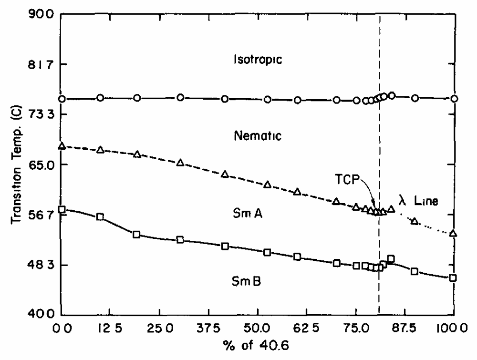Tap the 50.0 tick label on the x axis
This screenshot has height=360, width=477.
pyautogui.click(x=258, y=329)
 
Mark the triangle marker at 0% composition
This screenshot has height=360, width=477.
pyautogui.click(x=62, y=146)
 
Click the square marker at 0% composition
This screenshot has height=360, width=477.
pyautogui.click(x=62, y=209)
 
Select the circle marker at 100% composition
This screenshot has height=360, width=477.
pyautogui.click(x=454, y=99)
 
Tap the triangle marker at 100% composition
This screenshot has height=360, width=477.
pyautogui.click(x=453, y=233)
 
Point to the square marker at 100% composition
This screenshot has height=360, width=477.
pyautogui.click(x=453, y=278)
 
